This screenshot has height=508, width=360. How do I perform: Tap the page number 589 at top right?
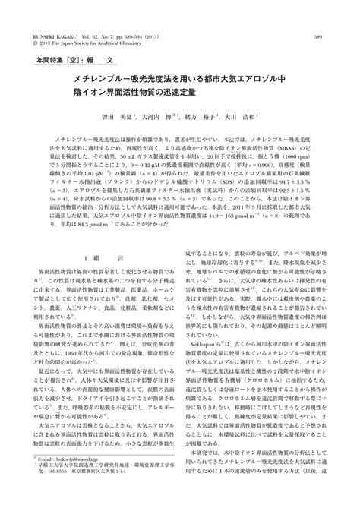pos(319,14)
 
